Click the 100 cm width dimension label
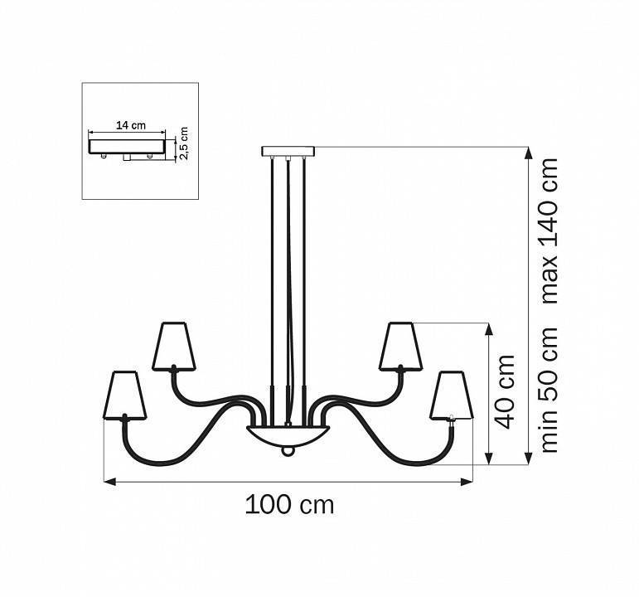click(x=289, y=504)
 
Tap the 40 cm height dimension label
click(x=505, y=392)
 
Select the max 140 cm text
click(x=549, y=231)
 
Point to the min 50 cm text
click(x=549, y=389)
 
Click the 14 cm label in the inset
click(x=131, y=125)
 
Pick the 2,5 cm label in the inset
click(x=183, y=143)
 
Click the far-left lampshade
click(x=124, y=395)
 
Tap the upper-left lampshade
click(x=174, y=347)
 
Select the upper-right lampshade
click(x=400, y=347)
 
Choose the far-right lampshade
click(x=452, y=395)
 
